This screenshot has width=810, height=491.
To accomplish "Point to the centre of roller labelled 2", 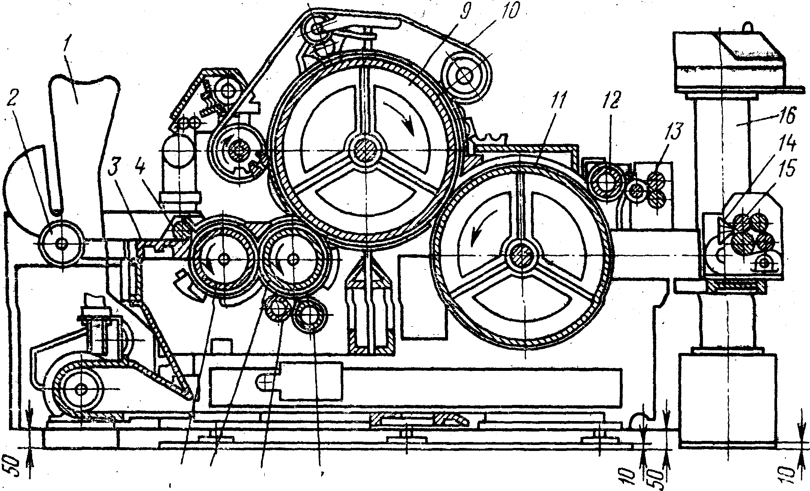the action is point(61,243).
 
